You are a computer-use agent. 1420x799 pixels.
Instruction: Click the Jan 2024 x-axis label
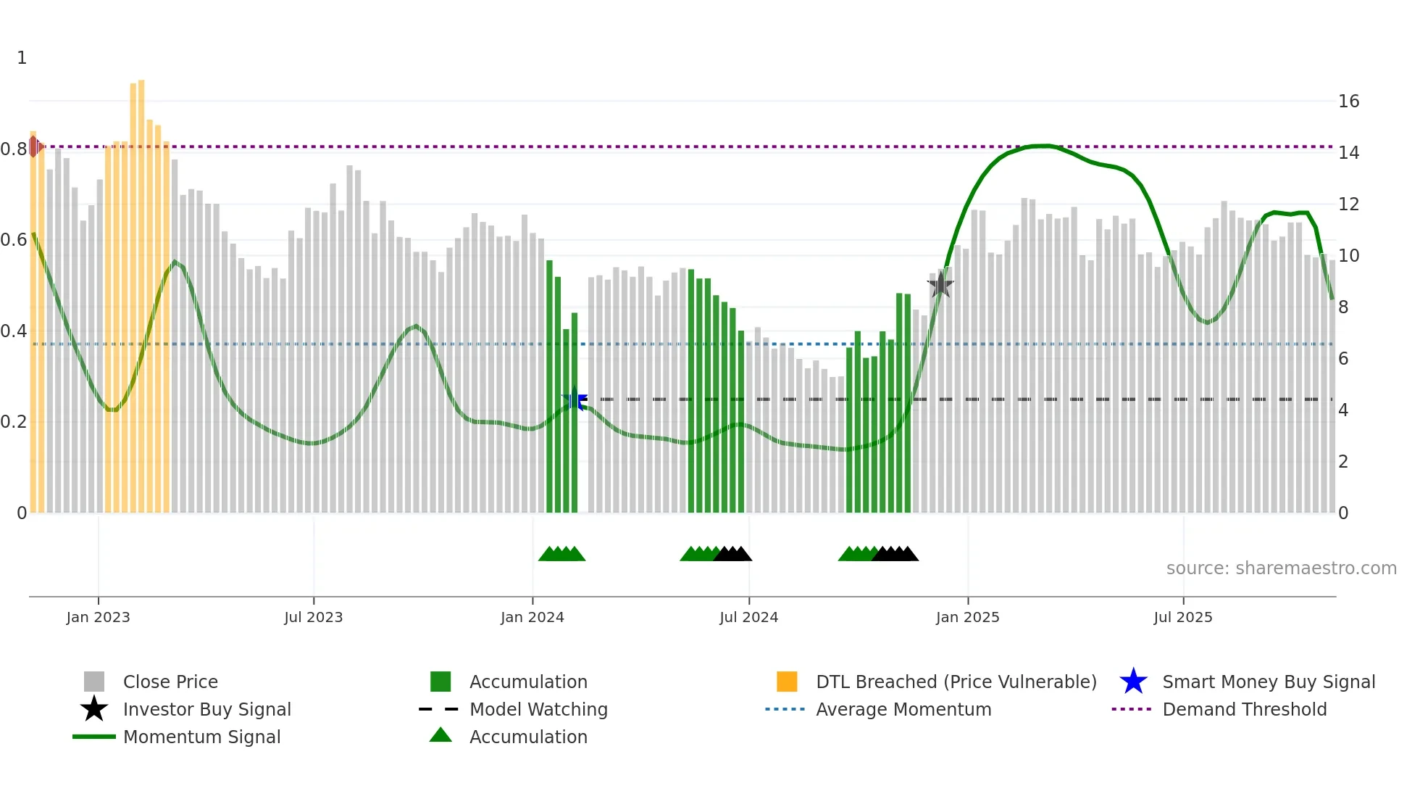click(x=532, y=617)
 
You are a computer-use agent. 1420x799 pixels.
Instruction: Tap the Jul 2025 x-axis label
click(x=1182, y=617)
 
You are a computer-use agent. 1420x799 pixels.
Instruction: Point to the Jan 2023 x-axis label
click(x=98, y=617)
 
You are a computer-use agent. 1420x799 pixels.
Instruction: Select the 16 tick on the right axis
click(x=1348, y=102)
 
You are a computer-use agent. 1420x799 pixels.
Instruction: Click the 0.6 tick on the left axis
click(x=14, y=240)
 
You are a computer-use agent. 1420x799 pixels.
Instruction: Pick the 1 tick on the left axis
click(x=22, y=58)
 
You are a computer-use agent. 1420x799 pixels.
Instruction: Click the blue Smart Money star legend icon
click(x=1133, y=682)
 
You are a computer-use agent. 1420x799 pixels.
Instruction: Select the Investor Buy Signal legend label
click(x=206, y=709)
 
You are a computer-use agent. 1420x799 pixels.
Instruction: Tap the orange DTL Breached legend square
click(x=787, y=682)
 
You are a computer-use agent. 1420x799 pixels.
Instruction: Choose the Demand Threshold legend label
click(x=1244, y=709)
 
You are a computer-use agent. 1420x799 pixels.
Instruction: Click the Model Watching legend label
click(x=538, y=709)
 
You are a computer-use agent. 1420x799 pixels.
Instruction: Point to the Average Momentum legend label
click(x=903, y=709)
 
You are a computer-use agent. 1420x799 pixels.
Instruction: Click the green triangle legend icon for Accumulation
click(x=440, y=736)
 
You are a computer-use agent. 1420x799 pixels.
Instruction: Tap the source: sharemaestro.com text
click(x=1281, y=568)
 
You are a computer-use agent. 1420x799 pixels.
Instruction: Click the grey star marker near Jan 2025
click(x=940, y=285)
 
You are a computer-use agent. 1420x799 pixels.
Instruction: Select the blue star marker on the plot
click(x=575, y=399)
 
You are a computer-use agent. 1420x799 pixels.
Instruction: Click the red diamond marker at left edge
click(x=34, y=146)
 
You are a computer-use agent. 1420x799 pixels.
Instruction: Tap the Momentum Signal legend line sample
click(x=94, y=737)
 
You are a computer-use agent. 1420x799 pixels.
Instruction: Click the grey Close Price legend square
click(x=94, y=682)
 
